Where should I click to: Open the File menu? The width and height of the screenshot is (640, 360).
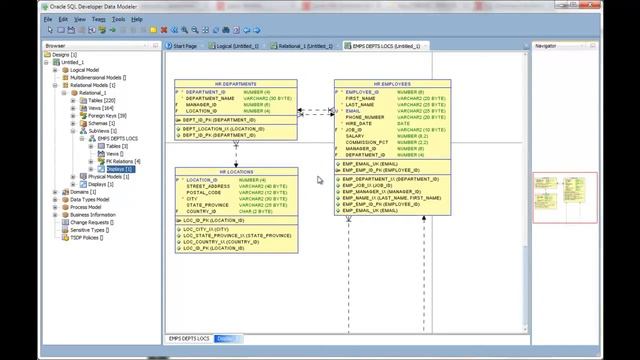tap(48, 19)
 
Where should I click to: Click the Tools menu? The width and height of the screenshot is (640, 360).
tap(119, 19)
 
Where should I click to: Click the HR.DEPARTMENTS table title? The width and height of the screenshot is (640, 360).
tap(236, 84)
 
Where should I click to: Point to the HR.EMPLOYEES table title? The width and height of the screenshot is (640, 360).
tap(392, 84)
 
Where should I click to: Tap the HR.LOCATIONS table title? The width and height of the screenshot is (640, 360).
tap(236, 172)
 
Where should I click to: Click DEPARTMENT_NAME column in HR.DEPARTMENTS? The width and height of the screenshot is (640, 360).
tap(211, 98)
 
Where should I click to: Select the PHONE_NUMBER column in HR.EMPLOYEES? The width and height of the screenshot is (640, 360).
tap(366, 117)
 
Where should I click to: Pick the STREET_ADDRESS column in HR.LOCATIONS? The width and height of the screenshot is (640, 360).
tap(209, 186)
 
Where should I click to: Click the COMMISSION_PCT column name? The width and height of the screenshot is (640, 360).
tap(367, 142)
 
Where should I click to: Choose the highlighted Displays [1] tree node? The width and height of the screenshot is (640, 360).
tap(119, 169)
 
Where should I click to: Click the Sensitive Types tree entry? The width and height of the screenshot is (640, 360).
tap(90, 230)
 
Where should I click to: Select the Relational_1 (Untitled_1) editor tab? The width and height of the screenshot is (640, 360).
tap(306, 46)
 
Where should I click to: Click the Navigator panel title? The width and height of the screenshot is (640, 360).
tap(546, 46)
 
